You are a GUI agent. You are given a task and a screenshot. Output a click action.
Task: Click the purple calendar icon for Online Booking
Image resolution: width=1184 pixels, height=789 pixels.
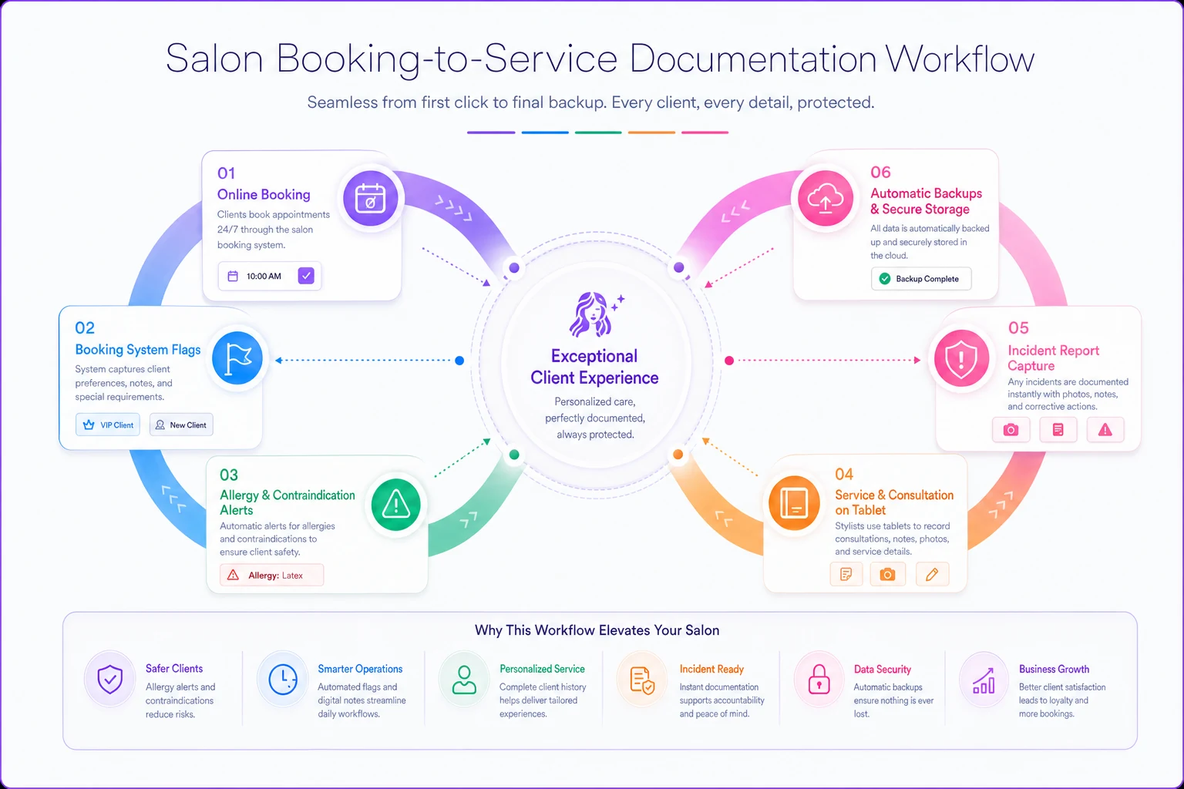[371, 198]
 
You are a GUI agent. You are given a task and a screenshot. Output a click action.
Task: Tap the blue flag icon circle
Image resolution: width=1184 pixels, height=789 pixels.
[237, 358]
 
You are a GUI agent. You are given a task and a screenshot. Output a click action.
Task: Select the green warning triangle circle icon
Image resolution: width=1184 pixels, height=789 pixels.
[396, 504]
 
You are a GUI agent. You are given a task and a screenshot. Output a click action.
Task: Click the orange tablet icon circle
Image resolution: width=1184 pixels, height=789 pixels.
[794, 502]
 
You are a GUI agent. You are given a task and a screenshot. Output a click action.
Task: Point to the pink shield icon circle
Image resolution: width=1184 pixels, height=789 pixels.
[961, 358]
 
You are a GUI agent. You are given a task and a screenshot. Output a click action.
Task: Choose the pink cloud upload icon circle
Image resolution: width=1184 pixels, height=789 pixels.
[825, 198]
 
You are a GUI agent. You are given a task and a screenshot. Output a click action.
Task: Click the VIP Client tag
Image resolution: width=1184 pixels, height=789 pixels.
[108, 425]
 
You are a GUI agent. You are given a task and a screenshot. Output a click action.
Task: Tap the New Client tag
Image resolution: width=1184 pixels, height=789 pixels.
[181, 425]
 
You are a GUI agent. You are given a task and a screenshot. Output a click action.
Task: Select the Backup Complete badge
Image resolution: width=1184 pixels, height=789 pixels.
[921, 278]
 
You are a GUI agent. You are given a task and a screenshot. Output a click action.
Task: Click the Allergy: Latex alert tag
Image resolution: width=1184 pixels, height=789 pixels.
[271, 575]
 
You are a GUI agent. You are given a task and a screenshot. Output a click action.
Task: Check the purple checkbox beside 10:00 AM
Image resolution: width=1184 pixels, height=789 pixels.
[306, 275]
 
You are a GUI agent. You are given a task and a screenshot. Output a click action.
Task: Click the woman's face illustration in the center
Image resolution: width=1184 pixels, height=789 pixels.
[592, 314]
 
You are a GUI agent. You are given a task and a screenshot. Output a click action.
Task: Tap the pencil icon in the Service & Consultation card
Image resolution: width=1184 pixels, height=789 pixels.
[932, 575]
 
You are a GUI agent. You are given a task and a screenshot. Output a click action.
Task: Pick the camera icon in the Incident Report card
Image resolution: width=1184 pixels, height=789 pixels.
[1011, 430]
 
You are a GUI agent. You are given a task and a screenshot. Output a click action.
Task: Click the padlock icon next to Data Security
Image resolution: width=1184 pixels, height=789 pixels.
[819, 680]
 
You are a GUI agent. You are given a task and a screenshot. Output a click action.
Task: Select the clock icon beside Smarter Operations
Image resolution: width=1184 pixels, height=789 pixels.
[283, 680]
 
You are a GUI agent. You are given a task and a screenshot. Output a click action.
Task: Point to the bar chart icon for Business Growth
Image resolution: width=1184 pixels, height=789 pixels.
[984, 680]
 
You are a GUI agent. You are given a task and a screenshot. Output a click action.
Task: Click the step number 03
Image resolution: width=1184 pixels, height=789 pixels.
[229, 475]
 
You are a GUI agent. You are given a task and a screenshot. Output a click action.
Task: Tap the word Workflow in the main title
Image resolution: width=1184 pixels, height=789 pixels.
[960, 58]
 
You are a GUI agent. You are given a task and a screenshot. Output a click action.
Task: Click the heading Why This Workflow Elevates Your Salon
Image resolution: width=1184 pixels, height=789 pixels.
[597, 630]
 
